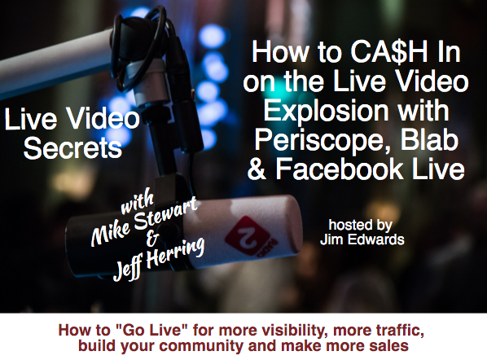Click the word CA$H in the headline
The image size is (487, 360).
coord(389,52)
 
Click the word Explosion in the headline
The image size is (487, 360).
coord(326,111)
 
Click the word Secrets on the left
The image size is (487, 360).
coord(72,148)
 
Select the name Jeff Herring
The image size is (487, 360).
coord(159,259)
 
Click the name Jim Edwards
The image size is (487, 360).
coord(362,239)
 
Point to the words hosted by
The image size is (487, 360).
coord(360,226)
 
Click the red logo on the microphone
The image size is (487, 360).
coord(248,235)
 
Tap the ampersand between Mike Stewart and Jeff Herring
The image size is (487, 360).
coord(152,239)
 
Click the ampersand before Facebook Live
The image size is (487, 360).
coord(257,169)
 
